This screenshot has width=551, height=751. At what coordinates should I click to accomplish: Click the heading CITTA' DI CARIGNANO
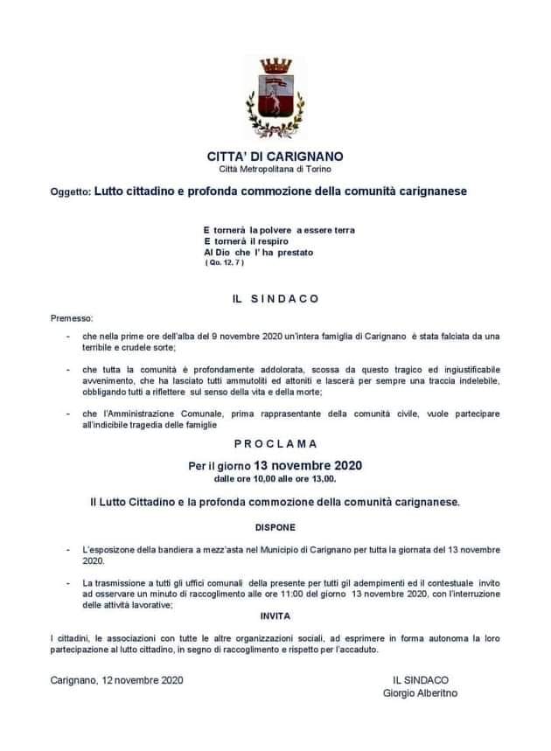[x=275, y=156]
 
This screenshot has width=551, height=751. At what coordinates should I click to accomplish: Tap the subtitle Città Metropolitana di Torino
[x=275, y=168]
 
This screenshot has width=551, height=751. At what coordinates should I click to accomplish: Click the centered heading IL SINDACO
[x=275, y=298]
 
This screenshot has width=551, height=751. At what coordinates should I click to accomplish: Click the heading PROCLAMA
[x=275, y=444]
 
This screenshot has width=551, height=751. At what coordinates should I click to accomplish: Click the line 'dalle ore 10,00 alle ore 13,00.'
[x=275, y=478]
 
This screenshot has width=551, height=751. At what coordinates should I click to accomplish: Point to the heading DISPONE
[x=275, y=528]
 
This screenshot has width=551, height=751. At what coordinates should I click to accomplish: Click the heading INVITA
[x=275, y=616]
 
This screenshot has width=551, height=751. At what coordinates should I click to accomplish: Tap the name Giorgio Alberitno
[x=420, y=693]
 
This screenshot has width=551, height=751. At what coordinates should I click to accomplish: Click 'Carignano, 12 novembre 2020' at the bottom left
[x=117, y=679]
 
